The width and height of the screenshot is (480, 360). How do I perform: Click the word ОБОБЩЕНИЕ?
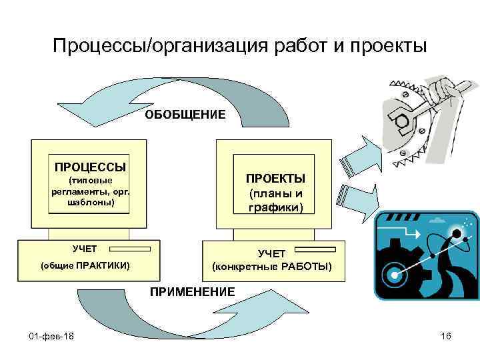point(186,115)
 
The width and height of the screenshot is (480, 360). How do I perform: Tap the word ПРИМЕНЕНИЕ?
point(193,291)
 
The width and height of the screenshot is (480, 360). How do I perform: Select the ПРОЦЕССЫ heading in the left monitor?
point(90,164)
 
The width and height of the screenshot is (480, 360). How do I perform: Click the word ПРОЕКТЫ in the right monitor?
point(275,179)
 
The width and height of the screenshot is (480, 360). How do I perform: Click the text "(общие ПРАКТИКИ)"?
point(85,266)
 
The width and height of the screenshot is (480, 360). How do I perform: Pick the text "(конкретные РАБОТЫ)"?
point(271,267)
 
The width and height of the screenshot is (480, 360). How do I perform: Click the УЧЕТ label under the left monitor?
point(85,249)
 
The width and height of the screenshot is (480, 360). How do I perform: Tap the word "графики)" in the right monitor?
point(276,208)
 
